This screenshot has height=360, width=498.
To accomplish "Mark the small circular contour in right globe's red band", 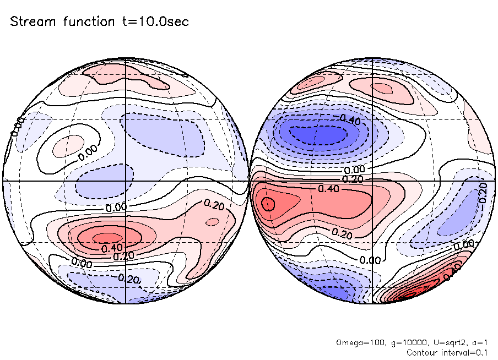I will [268, 204].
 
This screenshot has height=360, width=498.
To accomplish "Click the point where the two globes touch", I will [249, 181].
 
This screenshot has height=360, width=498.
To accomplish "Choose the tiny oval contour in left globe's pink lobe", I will [211, 222].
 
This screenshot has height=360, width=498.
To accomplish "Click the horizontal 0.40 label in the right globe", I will [328, 188].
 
